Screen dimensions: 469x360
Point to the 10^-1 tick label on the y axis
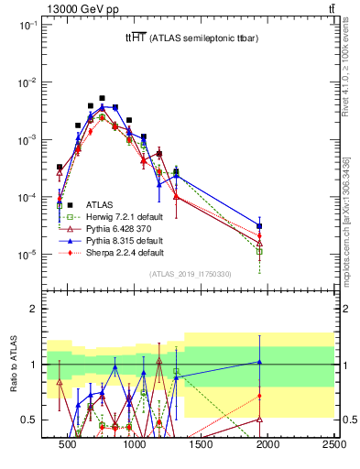click(x=29, y=26)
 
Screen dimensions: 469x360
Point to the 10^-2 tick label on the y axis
click(x=29, y=82)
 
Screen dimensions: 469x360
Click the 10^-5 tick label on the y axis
click(x=29, y=255)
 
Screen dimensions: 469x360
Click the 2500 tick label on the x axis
click(x=332, y=444)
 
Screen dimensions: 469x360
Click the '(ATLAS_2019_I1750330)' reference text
click(x=189, y=274)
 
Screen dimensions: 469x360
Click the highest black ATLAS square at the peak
click(x=103, y=98)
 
